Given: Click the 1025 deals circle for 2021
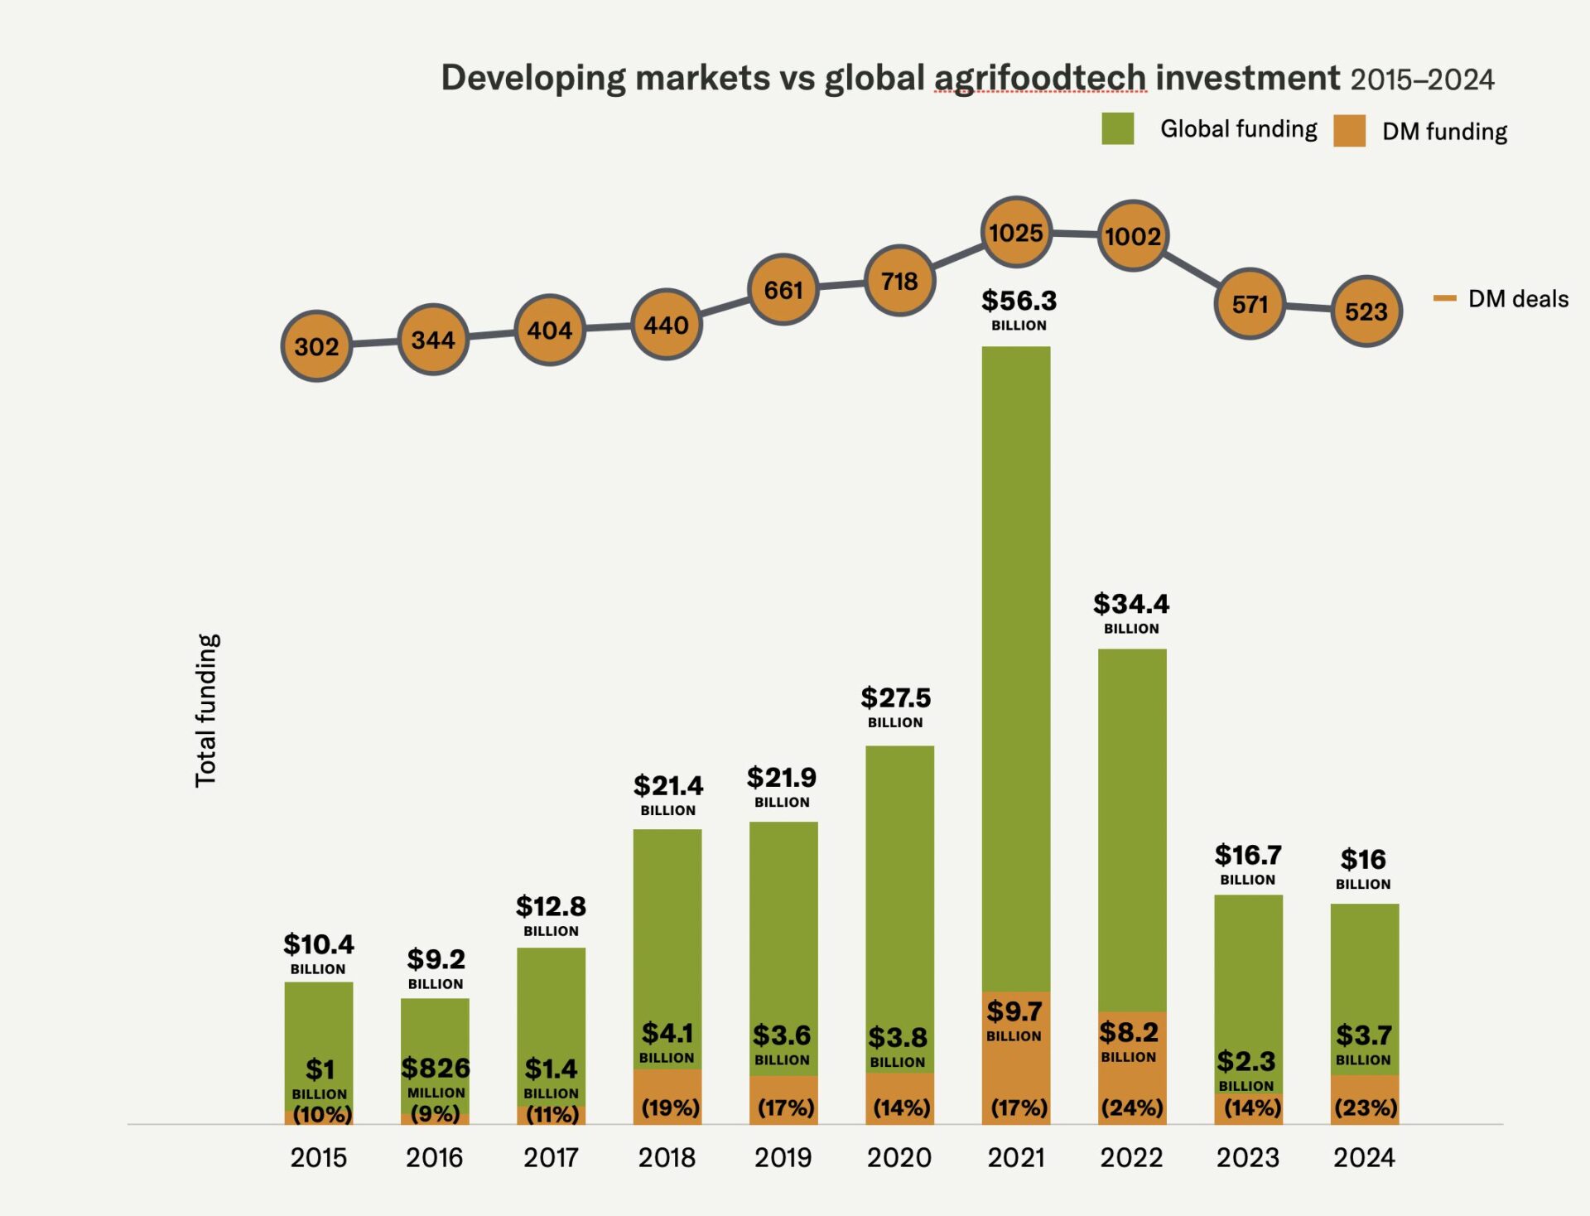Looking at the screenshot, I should [1016, 233].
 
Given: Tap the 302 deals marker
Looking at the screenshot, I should [317, 346].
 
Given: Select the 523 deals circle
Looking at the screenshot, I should [1366, 311].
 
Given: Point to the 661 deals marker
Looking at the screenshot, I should [783, 290].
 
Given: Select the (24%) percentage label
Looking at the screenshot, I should [1132, 1107].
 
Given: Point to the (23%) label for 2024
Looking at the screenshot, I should [1366, 1107].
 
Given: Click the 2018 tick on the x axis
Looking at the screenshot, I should [667, 1157].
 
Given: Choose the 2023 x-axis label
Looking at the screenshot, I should [1248, 1157].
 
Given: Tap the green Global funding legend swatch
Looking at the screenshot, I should [1117, 128].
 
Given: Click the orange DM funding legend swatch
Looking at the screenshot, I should [1349, 131].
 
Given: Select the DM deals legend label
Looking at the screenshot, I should [1518, 299].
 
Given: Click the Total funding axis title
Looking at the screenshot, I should [206, 711].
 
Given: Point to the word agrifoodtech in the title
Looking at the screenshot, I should [1040, 78].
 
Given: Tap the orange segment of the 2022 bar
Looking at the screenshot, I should [1132, 1077].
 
